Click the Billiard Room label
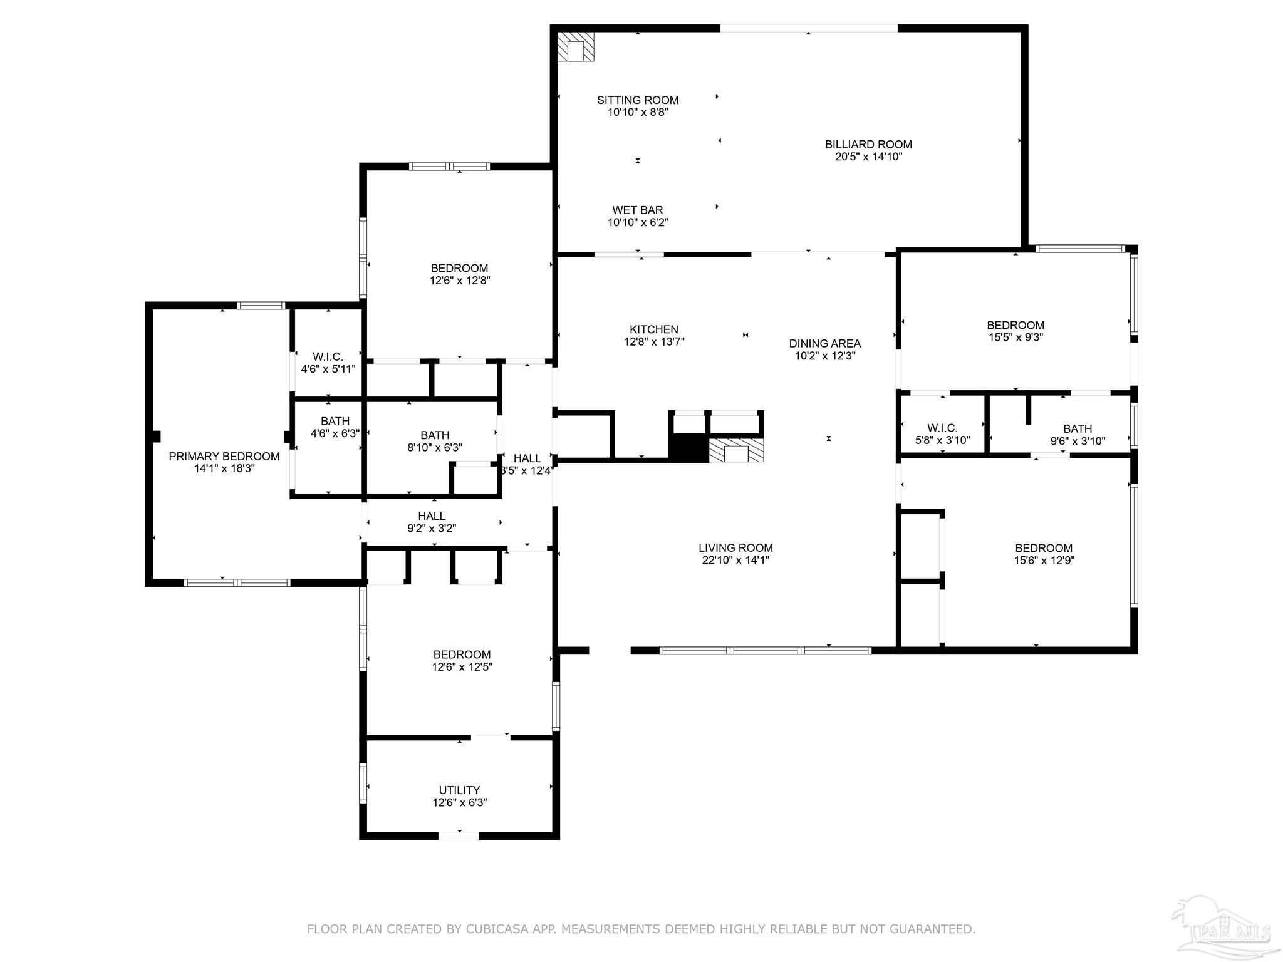tap(868, 144)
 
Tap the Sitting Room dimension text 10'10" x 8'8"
tap(638, 113)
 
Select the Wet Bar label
tap(638, 210)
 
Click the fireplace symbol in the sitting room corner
tap(575, 48)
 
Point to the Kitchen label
tap(653, 329)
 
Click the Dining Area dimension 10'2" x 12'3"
tap(824, 356)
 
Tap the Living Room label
tap(735, 547)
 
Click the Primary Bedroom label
tap(224, 457)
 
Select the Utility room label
tap(459, 790)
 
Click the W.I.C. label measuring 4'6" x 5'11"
tap(328, 357)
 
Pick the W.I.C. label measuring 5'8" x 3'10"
tap(942, 428)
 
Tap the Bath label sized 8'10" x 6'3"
tap(434, 435)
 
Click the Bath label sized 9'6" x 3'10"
tap(1078, 429)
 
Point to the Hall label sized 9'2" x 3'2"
tap(431, 516)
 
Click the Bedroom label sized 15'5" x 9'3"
tap(1015, 325)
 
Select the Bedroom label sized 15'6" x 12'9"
tap(1044, 548)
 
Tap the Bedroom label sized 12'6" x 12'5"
tap(462, 654)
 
